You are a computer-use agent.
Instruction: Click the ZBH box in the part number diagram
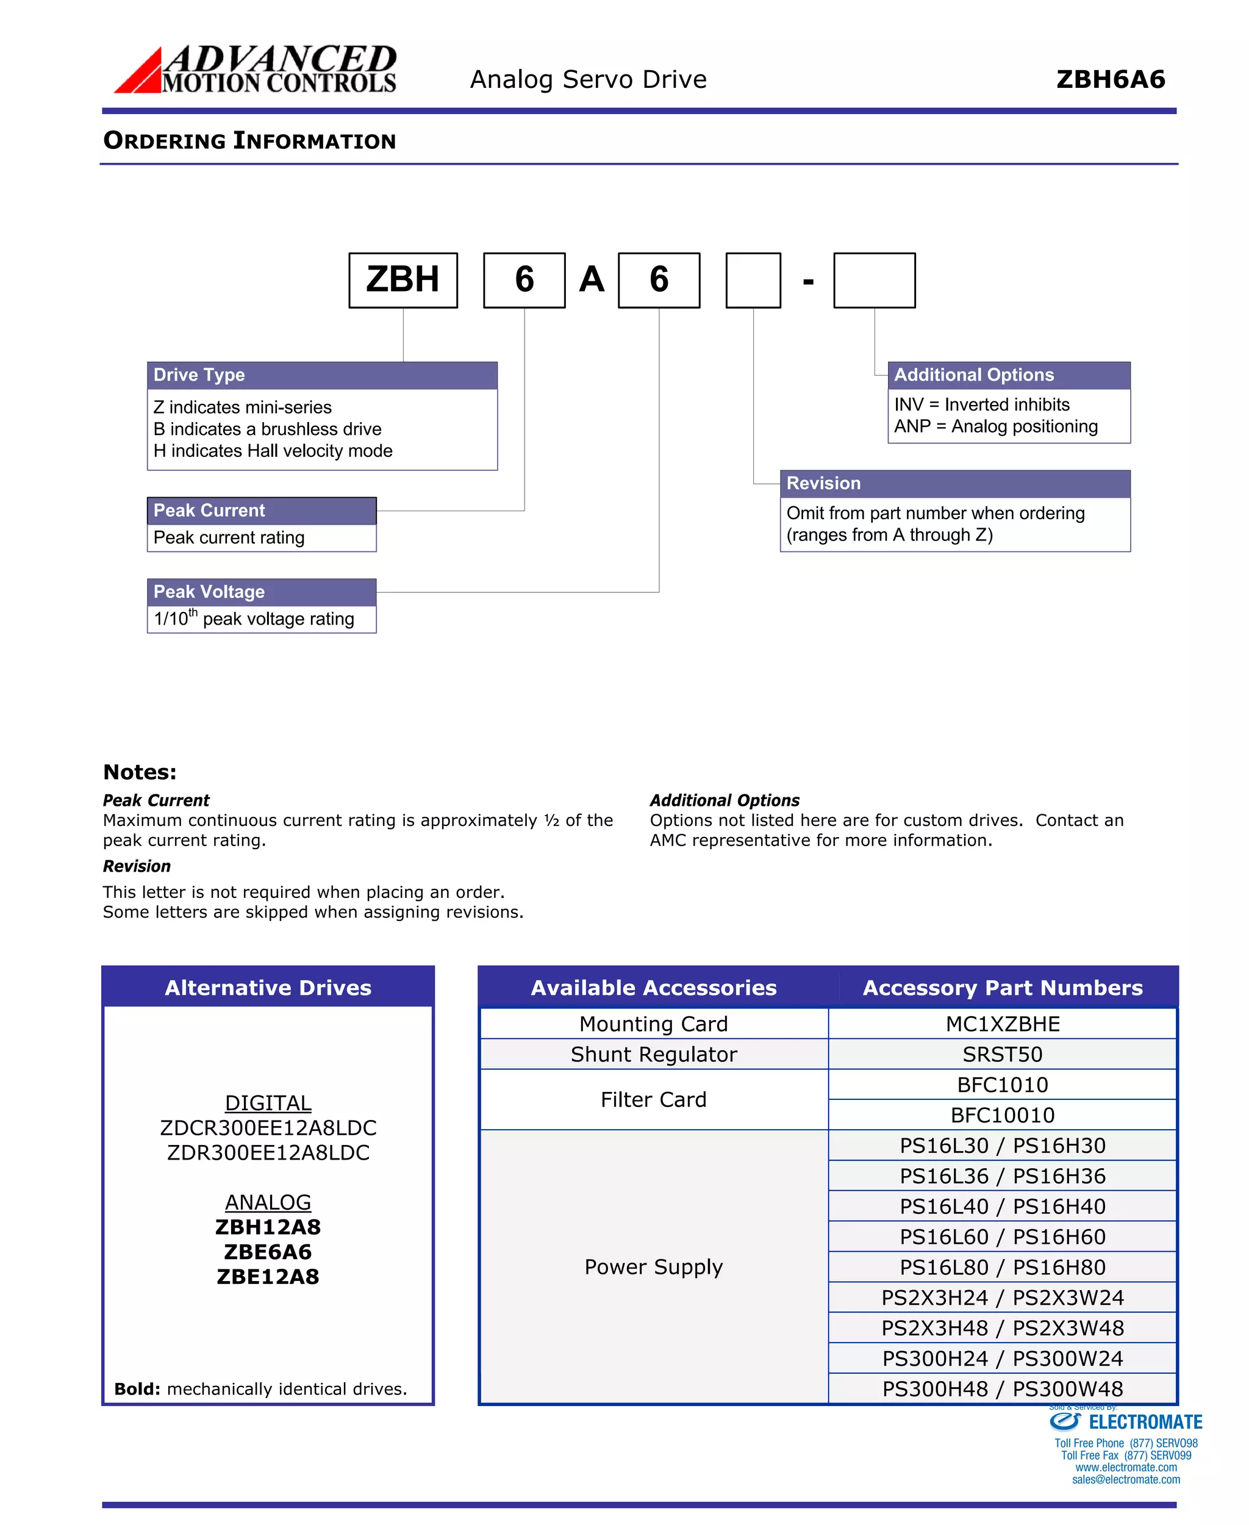[x=403, y=280]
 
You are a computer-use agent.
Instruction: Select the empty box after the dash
[x=874, y=280]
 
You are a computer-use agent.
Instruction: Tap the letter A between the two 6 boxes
[x=592, y=280]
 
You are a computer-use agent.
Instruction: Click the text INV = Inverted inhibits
[x=981, y=404]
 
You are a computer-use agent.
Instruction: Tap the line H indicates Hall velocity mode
[x=273, y=451]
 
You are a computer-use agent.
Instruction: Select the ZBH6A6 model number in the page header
[x=1110, y=79]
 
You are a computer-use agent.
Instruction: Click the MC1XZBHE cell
[x=1002, y=1024]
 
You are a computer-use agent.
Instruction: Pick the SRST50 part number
[x=1002, y=1053]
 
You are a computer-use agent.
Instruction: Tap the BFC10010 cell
[x=1002, y=1115]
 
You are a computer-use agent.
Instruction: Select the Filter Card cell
[x=653, y=1099]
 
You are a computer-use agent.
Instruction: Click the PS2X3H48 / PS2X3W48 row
[x=1002, y=1328]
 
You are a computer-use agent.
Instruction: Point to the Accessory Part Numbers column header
[x=1002, y=988]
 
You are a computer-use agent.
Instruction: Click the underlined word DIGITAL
[x=268, y=1102]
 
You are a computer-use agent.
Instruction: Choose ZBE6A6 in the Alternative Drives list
[x=268, y=1252]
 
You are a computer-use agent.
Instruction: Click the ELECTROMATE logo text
[x=1145, y=1422]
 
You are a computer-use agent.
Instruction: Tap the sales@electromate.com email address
[x=1125, y=1480]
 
